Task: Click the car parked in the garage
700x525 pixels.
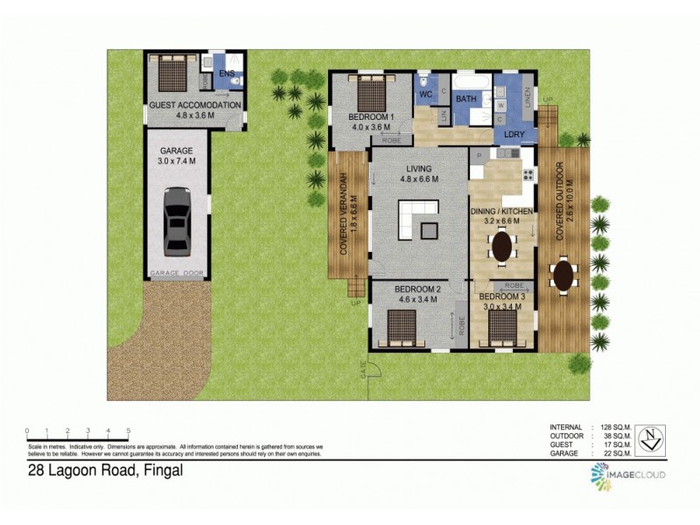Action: [178, 220]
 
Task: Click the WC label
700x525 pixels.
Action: [426, 94]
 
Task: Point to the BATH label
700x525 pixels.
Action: [465, 99]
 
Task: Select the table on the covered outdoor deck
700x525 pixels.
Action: [564, 275]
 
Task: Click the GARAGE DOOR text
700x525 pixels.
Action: [177, 274]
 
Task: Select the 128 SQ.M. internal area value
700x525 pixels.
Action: [616, 426]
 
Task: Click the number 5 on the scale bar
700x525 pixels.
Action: [129, 430]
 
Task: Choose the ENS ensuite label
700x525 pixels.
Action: [227, 73]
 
